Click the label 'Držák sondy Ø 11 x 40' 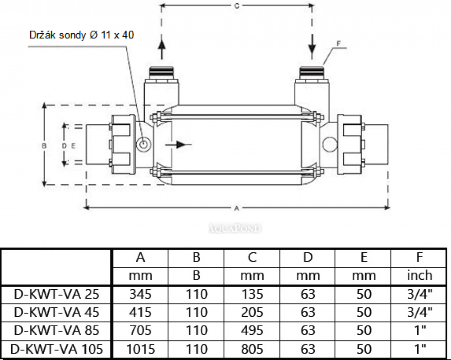point(81,35)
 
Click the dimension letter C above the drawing point(237,6)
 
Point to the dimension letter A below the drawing point(237,208)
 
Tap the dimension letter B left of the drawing point(44,146)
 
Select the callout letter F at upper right point(338,44)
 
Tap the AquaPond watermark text point(235,228)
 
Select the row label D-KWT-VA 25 point(56,294)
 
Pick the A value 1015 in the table point(140,348)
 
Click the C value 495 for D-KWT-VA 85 point(252,330)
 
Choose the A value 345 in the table point(140,294)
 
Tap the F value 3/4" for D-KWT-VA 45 point(419,312)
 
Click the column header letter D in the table point(308,257)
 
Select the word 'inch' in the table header point(419,275)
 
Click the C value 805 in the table point(252,348)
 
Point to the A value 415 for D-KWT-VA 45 point(140,312)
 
